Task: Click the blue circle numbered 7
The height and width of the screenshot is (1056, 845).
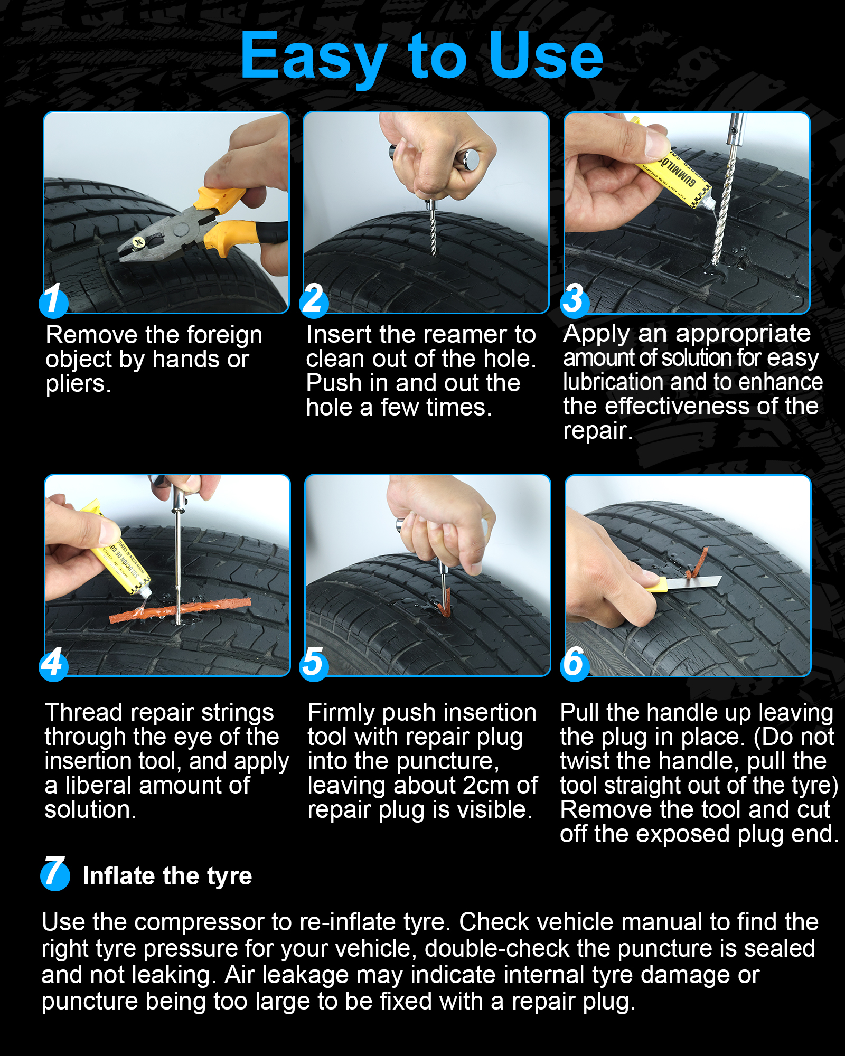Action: tap(55, 874)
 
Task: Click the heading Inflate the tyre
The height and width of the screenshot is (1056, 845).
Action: tap(167, 876)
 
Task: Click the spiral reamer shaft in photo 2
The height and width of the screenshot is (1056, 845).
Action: tap(433, 232)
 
